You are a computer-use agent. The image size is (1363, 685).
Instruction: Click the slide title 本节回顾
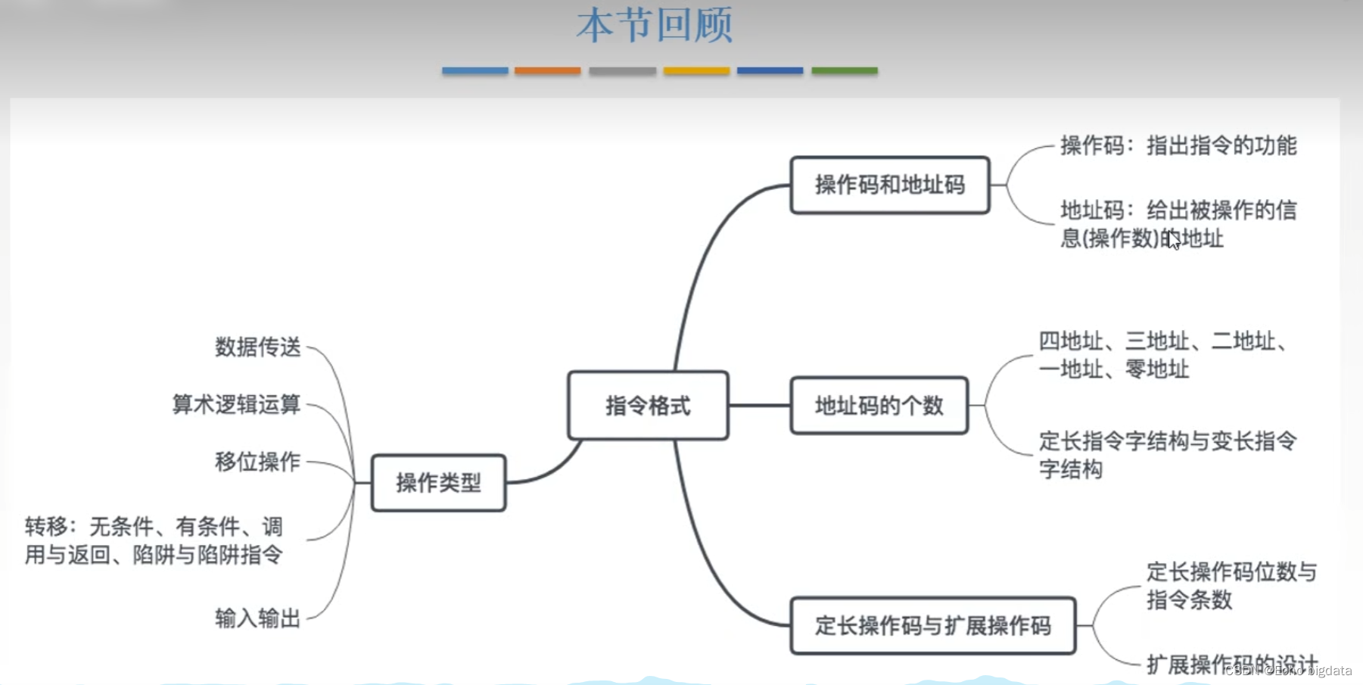pyautogui.click(x=655, y=25)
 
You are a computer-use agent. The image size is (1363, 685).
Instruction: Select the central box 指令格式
pyautogui.click(x=648, y=406)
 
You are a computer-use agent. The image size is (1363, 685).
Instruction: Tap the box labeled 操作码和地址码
pyautogui.click(x=889, y=185)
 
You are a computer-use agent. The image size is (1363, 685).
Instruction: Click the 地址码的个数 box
pyautogui.click(x=879, y=406)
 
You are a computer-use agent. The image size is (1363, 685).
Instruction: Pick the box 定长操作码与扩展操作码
pyautogui.click(x=932, y=625)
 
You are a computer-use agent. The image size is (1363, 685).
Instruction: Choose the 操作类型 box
pyautogui.click(x=438, y=483)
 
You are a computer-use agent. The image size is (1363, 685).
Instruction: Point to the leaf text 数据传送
pyautogui.click(x=257, y=347)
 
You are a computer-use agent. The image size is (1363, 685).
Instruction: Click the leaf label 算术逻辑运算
pyautogui.click(x=236, y=404)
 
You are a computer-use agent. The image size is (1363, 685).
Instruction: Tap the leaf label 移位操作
pyautogui.click(x=257, y=462)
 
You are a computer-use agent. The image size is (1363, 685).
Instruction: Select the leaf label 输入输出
pyautogui.click(x=257, y=618)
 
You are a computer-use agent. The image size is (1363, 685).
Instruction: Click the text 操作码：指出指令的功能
pyautogui.click(x=1178, y=145)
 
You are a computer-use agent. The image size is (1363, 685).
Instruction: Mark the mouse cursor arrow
pyautogui.click(x=1173, y=240)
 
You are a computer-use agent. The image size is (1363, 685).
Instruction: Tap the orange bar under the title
pyautogui.click(x=547, y=70)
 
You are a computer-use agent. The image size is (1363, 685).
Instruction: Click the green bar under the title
pyautogui.click(x=844, y=70)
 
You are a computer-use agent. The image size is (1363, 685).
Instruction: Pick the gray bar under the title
pyautogui.click(x=622, y=70)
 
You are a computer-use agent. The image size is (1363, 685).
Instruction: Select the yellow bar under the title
pyautogui.click(x=696, y=70)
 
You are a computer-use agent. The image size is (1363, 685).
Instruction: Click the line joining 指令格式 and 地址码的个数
pyautogui.click(x=759, y=406)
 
